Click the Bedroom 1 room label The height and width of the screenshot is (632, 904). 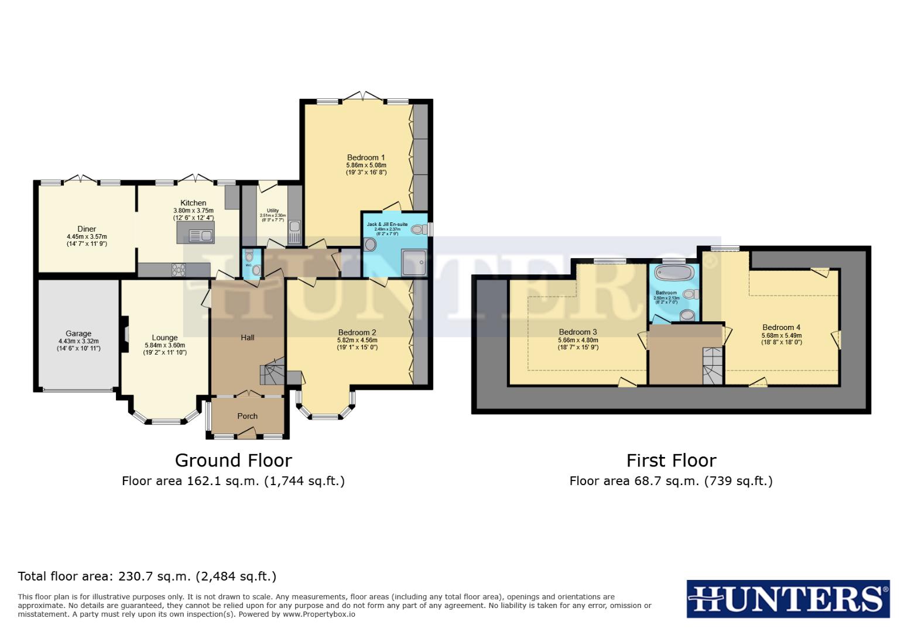click(x=365, y=157)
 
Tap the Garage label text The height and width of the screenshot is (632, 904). click(x=78, y=334)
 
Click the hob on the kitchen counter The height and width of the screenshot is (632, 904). click(x=179, y=270)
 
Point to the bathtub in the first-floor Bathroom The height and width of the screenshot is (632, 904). click(x=674, y=273)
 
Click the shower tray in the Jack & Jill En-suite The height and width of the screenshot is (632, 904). click(x=414, y=262)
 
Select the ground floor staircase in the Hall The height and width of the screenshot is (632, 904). click(x=273, y=373)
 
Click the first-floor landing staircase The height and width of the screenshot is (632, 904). click(x=713, y=366)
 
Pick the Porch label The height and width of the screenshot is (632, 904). click(x=247, y=416)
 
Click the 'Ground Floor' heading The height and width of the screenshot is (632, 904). click(x=233, y=461)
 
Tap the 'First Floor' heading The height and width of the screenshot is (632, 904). click(x=671, y=461)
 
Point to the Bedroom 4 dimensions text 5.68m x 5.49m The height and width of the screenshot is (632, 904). click(x=781, y=335)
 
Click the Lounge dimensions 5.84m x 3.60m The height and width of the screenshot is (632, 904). click(x=165, y=345)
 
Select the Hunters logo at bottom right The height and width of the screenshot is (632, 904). click(x=787, y=599)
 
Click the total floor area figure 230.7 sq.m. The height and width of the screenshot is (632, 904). click(x=155, y=576)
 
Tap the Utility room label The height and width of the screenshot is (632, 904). click(x=272, y=211)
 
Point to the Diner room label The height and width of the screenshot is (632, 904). click(x=87, y=229)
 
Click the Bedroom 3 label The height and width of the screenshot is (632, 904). click(x=577, y=332)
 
